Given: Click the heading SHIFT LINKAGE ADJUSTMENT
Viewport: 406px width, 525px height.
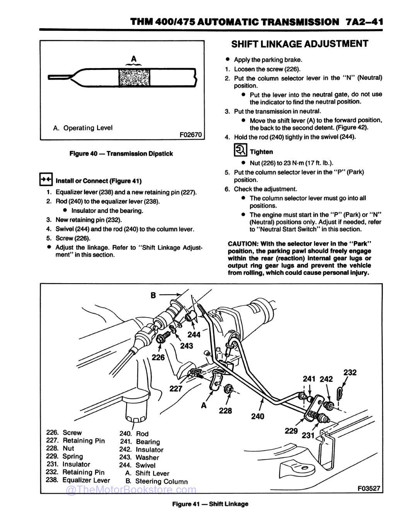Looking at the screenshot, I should point(299,44).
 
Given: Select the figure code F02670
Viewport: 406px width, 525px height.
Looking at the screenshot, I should point(191,135).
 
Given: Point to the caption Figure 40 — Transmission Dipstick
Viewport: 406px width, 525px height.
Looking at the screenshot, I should point(121,154).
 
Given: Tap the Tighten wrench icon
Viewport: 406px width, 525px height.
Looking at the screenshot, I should point(240,150).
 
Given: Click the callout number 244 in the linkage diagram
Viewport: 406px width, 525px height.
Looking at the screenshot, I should point(194,335).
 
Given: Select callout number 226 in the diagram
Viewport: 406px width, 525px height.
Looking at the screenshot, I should point(158,357).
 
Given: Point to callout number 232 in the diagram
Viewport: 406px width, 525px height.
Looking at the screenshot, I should point(350,372).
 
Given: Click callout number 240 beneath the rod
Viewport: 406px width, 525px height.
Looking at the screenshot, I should point(258,416).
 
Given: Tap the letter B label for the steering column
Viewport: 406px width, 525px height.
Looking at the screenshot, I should point(153,296).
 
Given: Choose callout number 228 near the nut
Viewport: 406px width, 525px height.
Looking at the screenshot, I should point(225,410).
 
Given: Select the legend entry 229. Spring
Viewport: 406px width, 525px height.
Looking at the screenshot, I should point(65,456).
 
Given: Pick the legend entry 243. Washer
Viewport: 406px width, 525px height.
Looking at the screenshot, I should point(139,457).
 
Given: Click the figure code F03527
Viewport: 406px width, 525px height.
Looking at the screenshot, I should point(369,488).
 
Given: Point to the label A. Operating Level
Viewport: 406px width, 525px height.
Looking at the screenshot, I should point(83,128).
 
